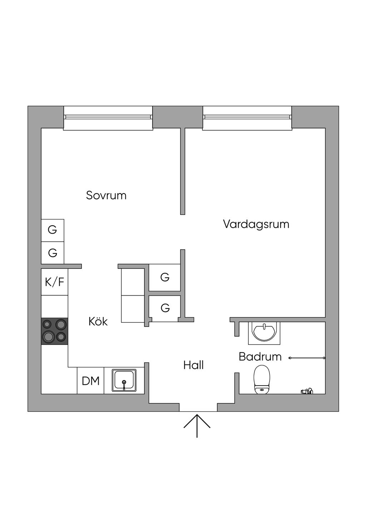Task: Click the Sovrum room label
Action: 106,195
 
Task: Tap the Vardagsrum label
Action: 256,224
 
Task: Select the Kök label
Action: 98,321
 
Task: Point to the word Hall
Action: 193,365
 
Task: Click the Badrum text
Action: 260,356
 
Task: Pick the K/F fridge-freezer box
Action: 54,282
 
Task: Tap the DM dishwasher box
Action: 90,381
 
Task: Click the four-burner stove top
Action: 55,331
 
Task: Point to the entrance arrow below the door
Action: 197,426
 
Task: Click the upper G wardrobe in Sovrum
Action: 53,230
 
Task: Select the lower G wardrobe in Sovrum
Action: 53,253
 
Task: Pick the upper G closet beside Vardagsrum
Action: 164,277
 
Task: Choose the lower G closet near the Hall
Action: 165,308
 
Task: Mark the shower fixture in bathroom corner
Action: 307,391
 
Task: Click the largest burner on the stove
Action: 48,336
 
